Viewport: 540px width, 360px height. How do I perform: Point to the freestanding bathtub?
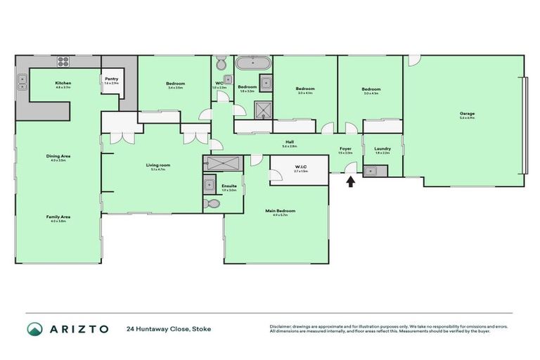point(252,63)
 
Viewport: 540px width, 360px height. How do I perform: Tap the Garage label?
point(467,113)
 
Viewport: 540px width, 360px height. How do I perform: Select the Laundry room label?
point(382,148)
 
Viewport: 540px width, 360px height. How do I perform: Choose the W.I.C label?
point(299,166)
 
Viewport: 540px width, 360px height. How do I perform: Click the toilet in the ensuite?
point(212,204)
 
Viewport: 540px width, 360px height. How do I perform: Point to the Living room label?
point(158,165)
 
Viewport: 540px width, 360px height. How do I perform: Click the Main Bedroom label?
point(280,210)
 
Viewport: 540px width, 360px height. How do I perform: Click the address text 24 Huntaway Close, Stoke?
point(168,329)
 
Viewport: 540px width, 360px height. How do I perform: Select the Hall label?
point(289,141)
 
